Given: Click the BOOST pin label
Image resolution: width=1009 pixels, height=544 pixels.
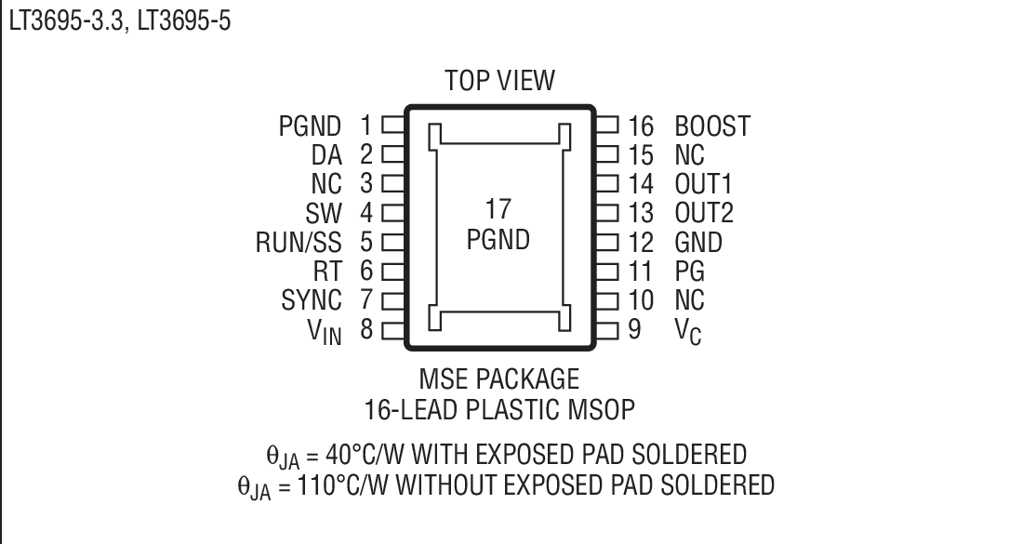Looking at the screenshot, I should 712,126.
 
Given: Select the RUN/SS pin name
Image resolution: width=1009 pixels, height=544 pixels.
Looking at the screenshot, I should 299,243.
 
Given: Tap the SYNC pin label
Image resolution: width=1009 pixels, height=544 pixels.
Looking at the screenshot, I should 312,300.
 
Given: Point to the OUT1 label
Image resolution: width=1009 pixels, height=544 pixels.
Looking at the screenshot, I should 704,184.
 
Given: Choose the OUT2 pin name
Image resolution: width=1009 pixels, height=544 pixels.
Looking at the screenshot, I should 704,213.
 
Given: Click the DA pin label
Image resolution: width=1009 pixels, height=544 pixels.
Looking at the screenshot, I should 326,154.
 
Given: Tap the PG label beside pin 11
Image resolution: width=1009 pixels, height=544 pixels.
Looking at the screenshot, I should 689,272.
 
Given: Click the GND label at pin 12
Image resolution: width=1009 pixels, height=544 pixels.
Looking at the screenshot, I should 698,243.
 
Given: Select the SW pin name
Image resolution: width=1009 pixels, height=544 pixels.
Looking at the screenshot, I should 325,213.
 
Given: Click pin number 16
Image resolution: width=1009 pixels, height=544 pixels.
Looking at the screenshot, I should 641,126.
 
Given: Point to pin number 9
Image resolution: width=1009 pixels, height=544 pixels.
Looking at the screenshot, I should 634,329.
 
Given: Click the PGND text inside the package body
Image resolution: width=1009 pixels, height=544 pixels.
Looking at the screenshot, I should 498,239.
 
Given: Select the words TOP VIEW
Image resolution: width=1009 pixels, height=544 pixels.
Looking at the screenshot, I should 498,81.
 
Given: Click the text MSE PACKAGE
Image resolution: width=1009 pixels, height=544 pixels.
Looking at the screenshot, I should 498,379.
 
